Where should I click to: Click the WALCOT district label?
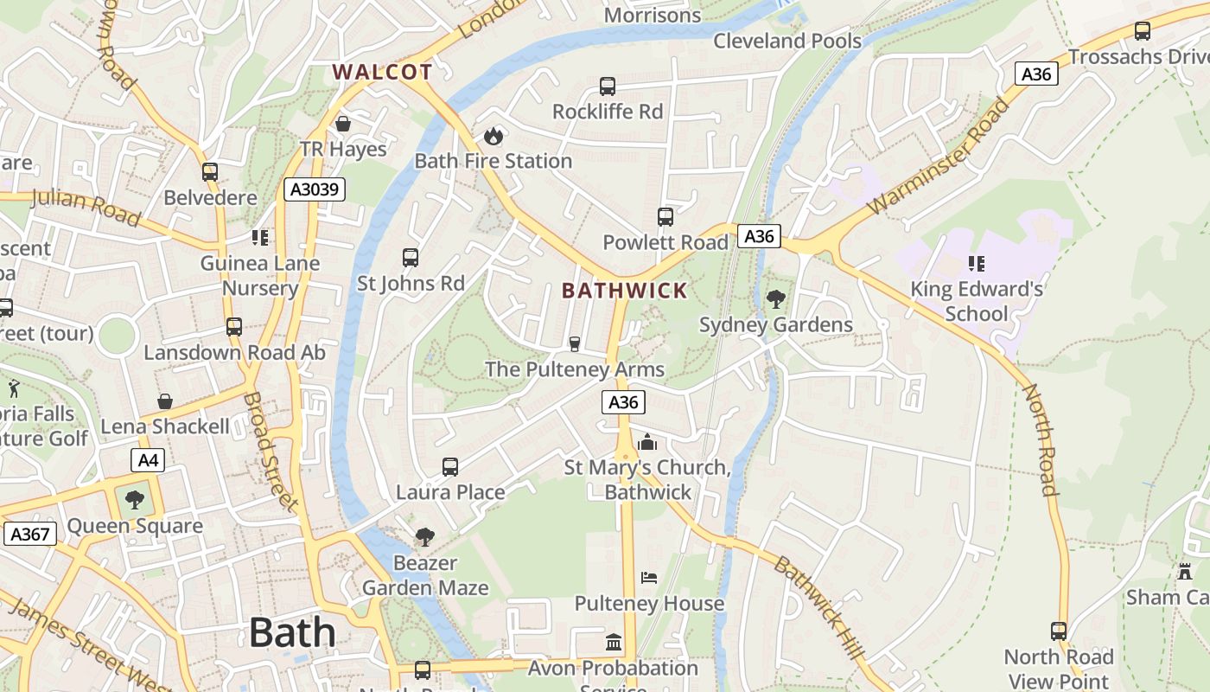coord(382,72)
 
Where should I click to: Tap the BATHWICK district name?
coord(624,291)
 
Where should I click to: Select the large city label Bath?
coord(292,633)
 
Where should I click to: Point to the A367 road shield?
coord(30,534)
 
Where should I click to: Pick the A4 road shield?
coord(148,459)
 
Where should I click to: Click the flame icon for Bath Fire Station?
coord(493,136)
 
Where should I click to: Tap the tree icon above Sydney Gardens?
coord(775,299)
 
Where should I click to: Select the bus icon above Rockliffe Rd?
coord(608,86)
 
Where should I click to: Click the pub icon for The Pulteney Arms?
coord(574,344)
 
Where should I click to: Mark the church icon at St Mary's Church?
coord(647,442)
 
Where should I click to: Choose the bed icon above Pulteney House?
coord(649,578)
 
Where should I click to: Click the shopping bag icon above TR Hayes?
coord(343,124)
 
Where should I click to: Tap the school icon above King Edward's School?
coord(977,263)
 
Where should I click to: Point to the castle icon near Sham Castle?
coord(1184,572)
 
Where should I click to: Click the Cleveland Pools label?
coord(787,41)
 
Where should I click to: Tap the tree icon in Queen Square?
coord(134,499)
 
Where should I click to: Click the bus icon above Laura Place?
coord(450,467)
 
